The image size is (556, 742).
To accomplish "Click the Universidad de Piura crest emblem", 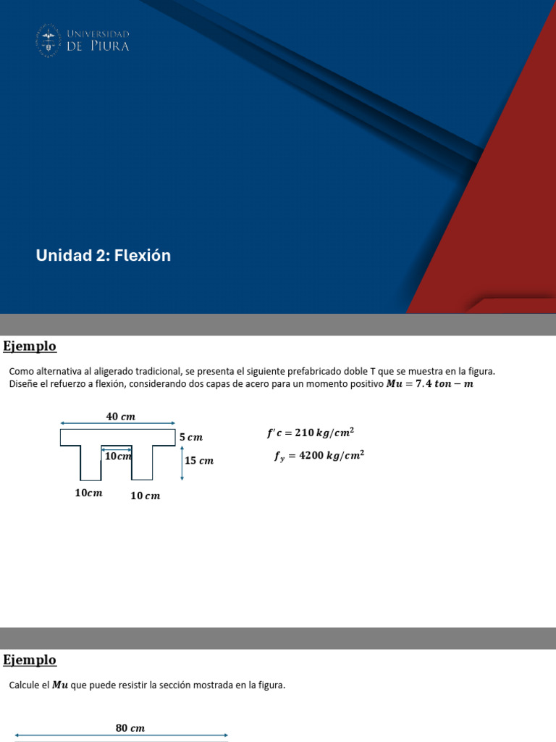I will click(49, 40).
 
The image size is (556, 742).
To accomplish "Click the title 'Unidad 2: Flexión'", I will click(104, 255).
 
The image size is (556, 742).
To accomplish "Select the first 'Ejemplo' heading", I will click(30, 346).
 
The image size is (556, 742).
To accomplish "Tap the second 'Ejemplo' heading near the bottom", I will click(30, 660).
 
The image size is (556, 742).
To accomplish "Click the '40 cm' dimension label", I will click(121, 416).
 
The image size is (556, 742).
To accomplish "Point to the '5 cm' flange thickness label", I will click(191, 438).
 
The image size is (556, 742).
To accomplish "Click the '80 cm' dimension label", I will click(130, 728).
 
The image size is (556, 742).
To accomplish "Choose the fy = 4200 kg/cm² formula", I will click(319, 456).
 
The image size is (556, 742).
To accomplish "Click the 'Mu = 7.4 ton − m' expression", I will click(429, 384).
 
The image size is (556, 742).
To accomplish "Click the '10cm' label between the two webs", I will click(118, 457).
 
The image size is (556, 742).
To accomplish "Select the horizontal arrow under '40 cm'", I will click(117, 423).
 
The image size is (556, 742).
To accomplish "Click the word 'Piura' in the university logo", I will click(109, 46).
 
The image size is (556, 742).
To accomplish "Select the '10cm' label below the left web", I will click(89, 493).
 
